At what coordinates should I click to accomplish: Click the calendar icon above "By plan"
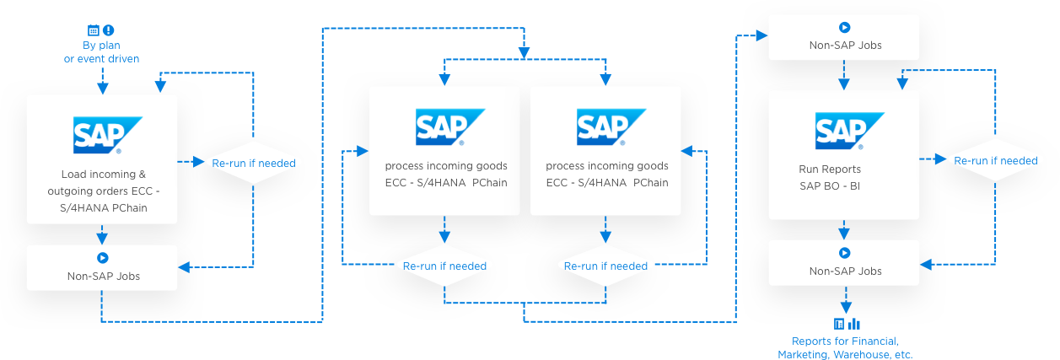[94, 30]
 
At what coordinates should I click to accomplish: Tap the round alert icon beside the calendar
[109, 30]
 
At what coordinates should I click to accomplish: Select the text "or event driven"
[101, 59]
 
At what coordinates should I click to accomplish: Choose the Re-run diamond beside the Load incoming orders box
[254, 163]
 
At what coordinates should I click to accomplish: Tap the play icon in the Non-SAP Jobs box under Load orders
[102, 258]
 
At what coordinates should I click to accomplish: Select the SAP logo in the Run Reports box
[843, 131]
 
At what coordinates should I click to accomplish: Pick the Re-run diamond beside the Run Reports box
[996, 160]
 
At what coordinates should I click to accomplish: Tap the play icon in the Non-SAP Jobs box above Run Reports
[845, 28]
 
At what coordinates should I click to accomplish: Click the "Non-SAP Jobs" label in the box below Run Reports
[845, 271]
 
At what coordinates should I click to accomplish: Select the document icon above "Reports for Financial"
[839, 324]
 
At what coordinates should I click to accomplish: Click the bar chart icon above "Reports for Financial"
[853, 324]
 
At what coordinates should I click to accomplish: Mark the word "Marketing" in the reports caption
[802, 355]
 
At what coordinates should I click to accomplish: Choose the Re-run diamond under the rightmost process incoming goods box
[605, 266]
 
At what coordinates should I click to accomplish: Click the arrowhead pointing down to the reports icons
[845, 309]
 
